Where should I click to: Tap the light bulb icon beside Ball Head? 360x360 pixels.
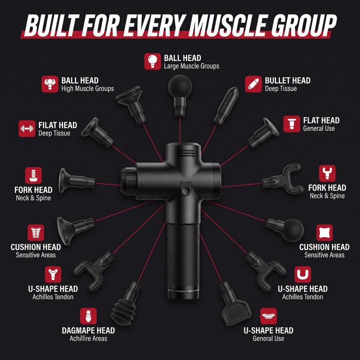tap(152, 61)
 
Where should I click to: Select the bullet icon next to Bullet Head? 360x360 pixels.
tap(253, 84)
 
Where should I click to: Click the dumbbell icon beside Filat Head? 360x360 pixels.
tap(27, 128)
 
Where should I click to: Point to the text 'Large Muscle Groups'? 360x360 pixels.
tap(191, 66)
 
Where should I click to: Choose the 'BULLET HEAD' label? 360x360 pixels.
tap(287, 80)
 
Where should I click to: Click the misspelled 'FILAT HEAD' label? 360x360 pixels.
tap(57, 125)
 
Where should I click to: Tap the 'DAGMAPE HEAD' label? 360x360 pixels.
tap(88, 330)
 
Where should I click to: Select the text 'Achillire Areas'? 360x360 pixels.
tap(88, 338)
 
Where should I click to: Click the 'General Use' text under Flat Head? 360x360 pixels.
tap(318, 128)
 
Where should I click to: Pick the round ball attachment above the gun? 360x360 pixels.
tap(180, 95)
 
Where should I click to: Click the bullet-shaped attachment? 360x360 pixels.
tap(226, 105)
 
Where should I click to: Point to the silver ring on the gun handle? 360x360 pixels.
tap(183, 291)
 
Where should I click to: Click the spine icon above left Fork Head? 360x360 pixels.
tap(33, 175)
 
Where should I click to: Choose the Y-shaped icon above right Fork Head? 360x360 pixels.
tap(327, 173)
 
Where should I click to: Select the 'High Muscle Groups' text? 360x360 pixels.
tap(87, 88)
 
